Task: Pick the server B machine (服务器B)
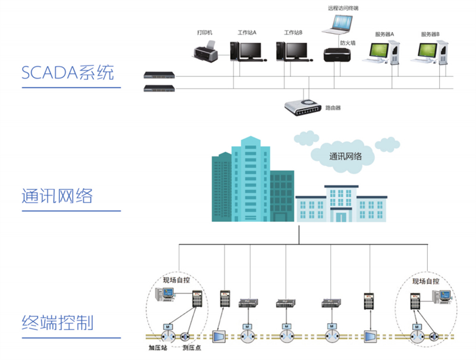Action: pyautogui.click(x=429, y=53)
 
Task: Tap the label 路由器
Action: pyautogui.click(x=333, y=108)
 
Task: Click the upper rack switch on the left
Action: pyautogui.click(x=160, y=76)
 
